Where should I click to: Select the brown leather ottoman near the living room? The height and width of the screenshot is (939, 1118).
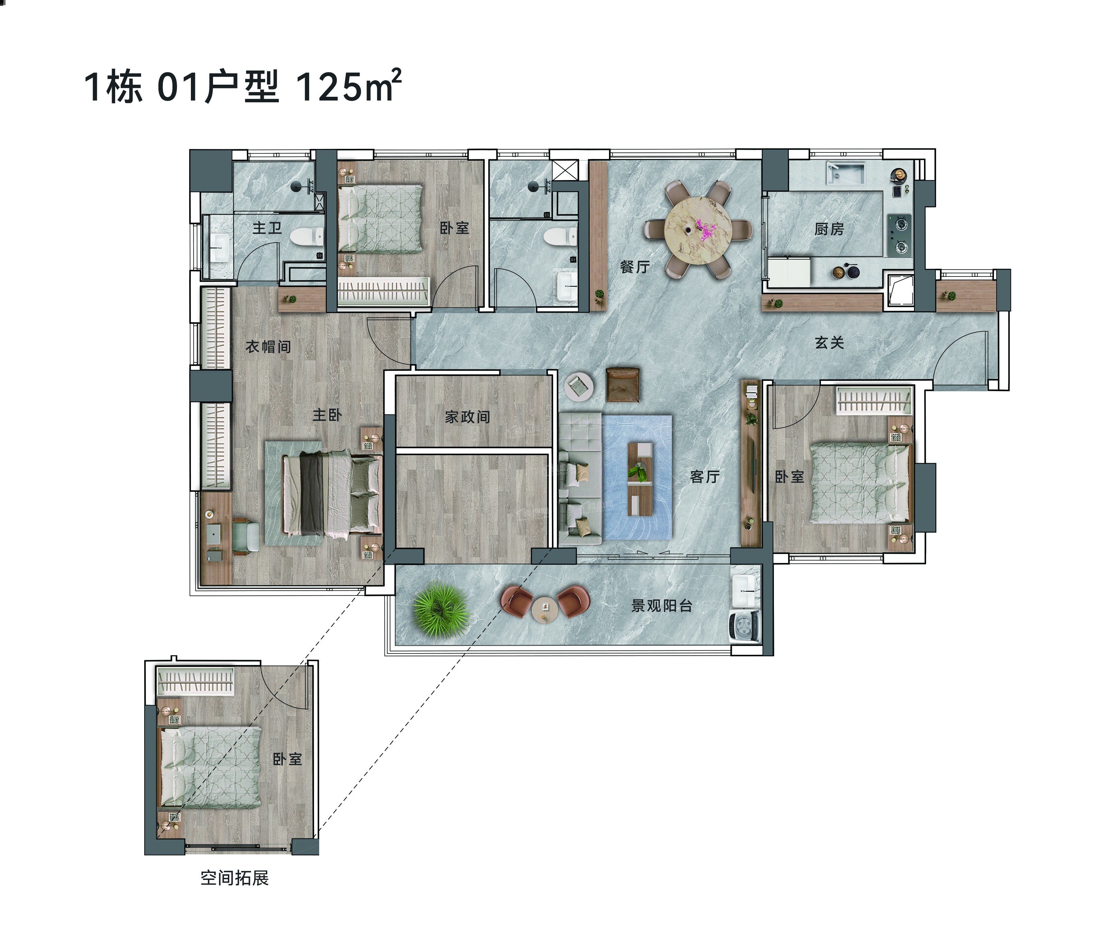pyautogui.click(x=623, y=384)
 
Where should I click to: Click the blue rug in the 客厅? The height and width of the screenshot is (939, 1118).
pyautogui.click(x=637, y=477)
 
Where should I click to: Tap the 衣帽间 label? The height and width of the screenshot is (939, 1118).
pyautogui.click(x=268, y=347)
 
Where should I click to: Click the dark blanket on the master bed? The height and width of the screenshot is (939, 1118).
pyautogui.click(x=311, y=493)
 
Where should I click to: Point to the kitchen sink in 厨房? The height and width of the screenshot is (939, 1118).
pyautogui.click(x=845, y=173)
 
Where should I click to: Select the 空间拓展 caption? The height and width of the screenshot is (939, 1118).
pyautogui.click(x=234, y=878)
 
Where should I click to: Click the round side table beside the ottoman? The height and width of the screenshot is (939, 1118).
pyautogui.click(x=579, y=386)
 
